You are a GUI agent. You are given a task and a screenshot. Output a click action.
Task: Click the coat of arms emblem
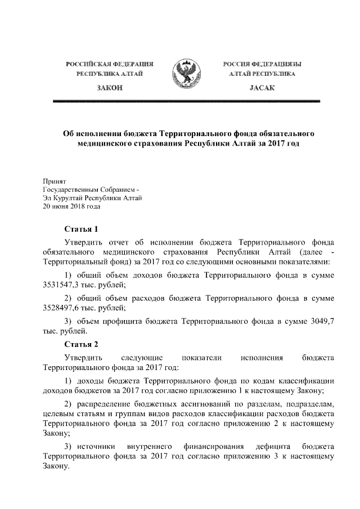[x=186, y=74]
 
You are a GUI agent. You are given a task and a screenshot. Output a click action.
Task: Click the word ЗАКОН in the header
[x=109, y=88]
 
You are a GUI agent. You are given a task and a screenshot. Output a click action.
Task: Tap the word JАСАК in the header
[x=262, y=88]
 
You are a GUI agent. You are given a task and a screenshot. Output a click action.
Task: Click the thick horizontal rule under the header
[x=186, y=101]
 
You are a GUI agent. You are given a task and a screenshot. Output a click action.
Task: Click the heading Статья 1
[x=81, y=229]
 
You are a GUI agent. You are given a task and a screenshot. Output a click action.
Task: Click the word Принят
[x=55, y=181]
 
